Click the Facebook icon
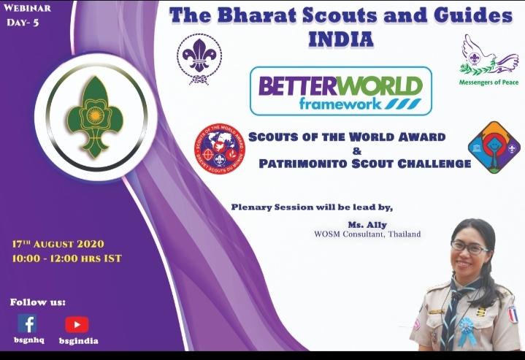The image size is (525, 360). click(27, 323)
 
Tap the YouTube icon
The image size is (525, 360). click(77, 324)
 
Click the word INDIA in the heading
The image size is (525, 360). click(340, 39)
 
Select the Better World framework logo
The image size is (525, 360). click(340, 91)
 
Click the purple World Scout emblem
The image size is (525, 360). click(199, 59)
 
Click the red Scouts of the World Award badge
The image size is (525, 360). click(219, 148)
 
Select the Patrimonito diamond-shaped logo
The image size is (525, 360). click(494, 147)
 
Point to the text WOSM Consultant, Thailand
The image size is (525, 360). click(367, 234)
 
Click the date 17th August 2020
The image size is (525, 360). click(58, 244)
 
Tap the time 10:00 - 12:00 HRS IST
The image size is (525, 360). click(66, 258)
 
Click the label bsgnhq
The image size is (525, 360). click(28, 340)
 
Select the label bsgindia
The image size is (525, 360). click(78, 340)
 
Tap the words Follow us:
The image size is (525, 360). click(37, 302)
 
